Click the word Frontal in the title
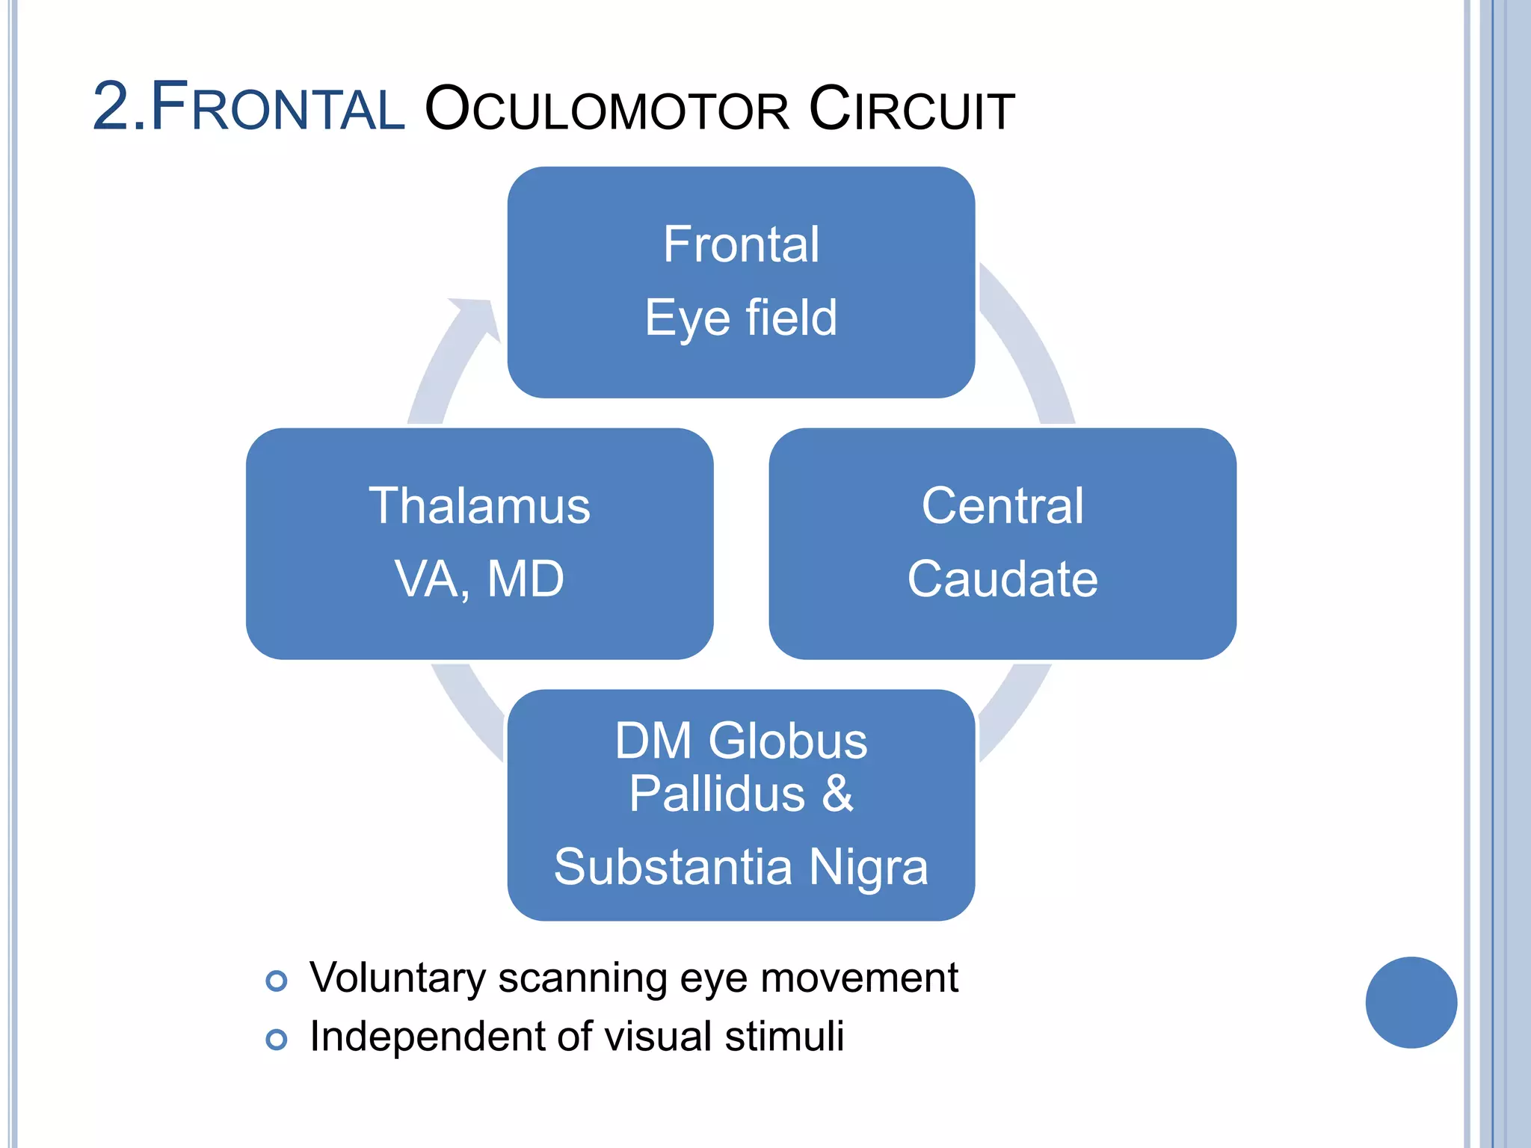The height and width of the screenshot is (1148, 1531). pos(277,109)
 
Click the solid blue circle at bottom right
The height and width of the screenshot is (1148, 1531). pos(1411,1002)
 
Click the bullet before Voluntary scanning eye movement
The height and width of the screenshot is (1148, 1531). pos(277,981)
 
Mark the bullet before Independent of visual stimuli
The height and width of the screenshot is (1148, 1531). pos(277,1039)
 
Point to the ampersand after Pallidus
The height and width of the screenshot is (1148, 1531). pos(837,794)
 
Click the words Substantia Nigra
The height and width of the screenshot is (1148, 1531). pos(741,867)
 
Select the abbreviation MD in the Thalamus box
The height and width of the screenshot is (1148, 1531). pos(526,579)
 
